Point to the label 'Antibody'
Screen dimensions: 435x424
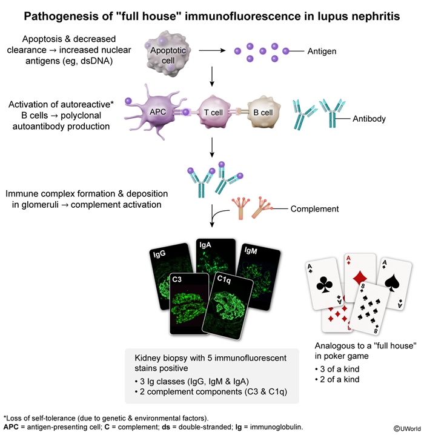click(369, 119)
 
